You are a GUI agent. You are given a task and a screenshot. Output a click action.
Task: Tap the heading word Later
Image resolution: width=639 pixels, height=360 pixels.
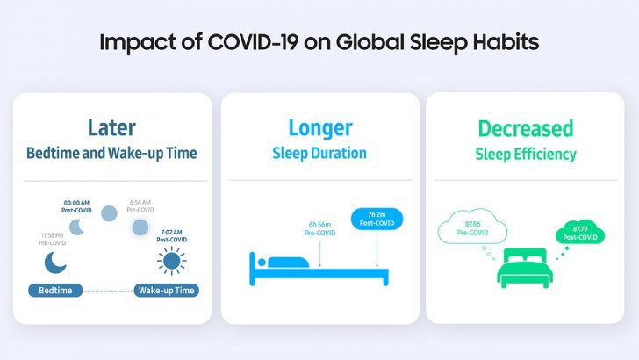(x=111, y=128)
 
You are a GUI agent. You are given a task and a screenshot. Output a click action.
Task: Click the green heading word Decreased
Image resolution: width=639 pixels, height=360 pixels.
(x=526, y=128)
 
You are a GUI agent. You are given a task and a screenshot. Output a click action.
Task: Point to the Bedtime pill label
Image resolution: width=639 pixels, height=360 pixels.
(x=57, y=290)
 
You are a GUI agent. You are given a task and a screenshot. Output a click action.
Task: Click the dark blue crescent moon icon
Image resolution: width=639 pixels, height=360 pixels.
(x=55, y=263)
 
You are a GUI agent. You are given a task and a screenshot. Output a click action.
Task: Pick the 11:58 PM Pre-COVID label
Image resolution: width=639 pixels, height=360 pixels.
(x=54, y=237)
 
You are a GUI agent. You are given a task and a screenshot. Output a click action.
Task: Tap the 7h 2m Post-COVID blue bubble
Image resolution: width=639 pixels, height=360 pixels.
(x=377, y=219)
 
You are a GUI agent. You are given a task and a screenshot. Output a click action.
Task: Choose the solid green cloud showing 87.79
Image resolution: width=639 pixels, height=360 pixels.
(x=580, y=234)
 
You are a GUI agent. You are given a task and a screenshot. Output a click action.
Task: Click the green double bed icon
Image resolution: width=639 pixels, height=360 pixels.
(x=523, y=268)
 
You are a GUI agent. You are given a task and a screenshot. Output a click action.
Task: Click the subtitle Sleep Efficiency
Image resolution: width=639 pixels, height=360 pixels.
(x=526, y=155)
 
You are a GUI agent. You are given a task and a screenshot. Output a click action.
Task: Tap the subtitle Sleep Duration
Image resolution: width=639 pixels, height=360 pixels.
(x=319, y=154)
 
